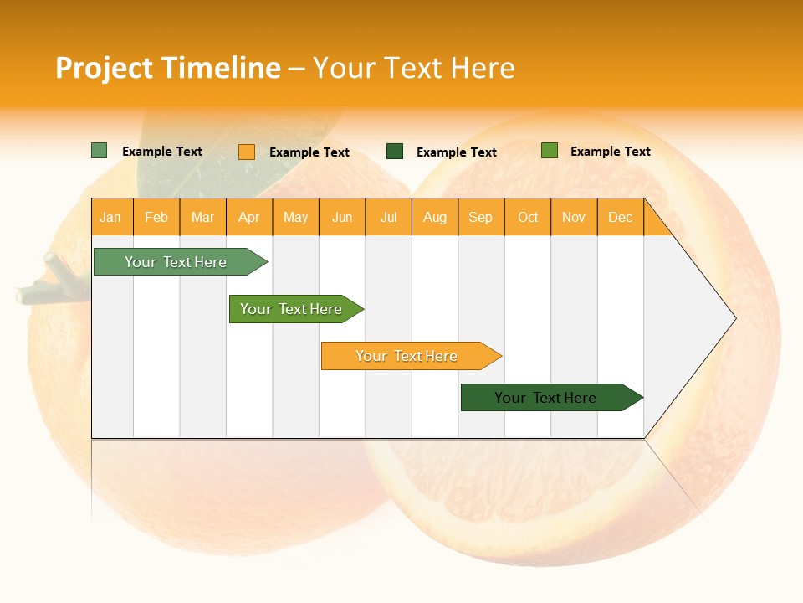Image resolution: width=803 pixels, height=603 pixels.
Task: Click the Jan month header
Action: [111, 217]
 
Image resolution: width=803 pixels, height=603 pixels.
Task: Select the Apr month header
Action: [249, 217]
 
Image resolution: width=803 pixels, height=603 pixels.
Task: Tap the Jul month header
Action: [389, 217]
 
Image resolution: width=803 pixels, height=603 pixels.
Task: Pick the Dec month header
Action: [621, 217]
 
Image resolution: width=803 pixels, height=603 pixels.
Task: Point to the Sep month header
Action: [481, 217]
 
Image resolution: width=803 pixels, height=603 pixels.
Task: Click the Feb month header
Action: [156, 217]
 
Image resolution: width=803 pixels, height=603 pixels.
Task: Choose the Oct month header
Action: [528, 217]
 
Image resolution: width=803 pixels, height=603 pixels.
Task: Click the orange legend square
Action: [247, 152]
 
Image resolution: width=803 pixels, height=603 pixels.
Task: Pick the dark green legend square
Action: [395, 152]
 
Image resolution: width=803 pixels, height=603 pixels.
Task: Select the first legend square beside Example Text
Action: [100, 151]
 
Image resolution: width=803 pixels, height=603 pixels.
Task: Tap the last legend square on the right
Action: [550, 151]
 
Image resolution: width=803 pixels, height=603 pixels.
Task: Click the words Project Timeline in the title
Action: [167, 68]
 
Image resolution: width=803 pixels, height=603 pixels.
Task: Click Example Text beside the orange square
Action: [309, 152]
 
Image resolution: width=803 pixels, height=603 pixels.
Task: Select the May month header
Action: [295, 217]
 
